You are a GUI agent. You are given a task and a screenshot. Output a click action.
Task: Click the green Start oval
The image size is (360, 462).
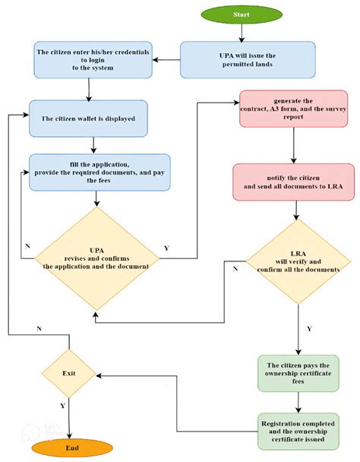pyautogui.click(x=242, y=14)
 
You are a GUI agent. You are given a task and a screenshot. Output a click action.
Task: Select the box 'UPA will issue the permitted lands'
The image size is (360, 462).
pyautogui.click(x=248, y=59)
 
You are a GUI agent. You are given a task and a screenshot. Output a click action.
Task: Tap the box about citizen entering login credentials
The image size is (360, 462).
pyautogui.click(x=93, y=59)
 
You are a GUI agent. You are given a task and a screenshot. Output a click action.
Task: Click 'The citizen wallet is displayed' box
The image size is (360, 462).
pyautogui.click(x=88, y=119)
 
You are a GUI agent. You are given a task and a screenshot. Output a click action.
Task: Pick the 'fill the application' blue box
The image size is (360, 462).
pyautogui.click(x=99, y=172)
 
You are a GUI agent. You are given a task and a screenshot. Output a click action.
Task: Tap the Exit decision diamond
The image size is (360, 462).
pyautogui.click(x=69, y=375)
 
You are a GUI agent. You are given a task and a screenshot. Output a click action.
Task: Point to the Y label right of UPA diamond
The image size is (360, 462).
pyautogui.click(x=166, y=248)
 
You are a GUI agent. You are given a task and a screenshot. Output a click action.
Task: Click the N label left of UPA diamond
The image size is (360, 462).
pyautogui.click(x=28, y=245)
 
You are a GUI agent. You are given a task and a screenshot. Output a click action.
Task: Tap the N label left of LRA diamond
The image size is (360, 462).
pyautogui.click(x=235, y=268)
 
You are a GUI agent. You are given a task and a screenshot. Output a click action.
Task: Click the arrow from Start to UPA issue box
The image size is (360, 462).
pyautogui.click(x=242, y=32)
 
